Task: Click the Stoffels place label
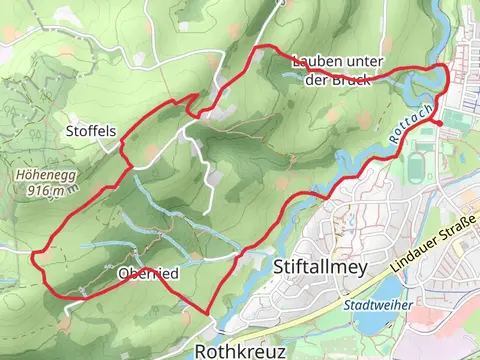[x=91, y=131]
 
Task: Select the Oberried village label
[x=147, y=273]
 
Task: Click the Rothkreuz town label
[x=240, y=352]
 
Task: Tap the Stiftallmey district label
[x=320, y=267]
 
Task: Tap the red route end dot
[x=440, y=123]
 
